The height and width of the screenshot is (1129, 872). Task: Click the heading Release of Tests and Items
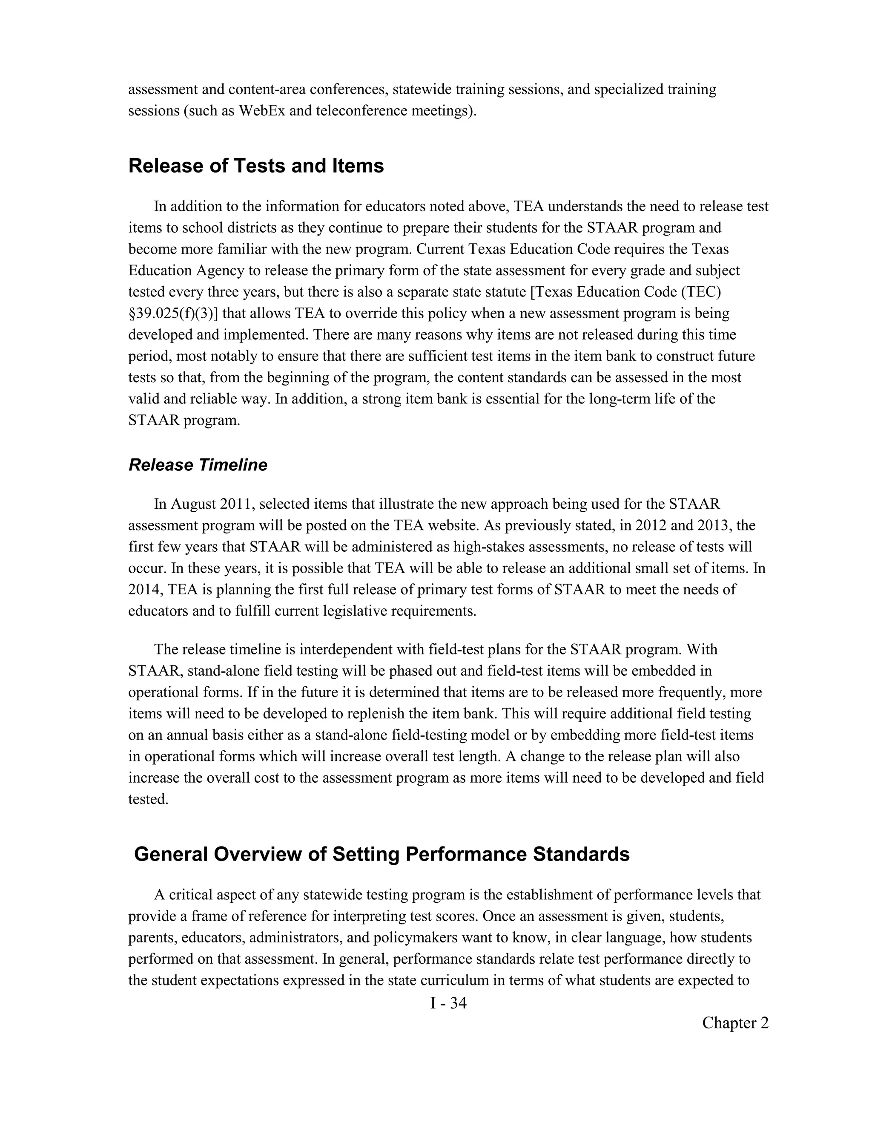[x=256, y=166]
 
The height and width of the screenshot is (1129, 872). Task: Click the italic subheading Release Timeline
[x=198, y=465]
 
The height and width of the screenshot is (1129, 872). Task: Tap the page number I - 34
[x=448, y=1003]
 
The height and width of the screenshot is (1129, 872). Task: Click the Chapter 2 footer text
[x=734, y=1022]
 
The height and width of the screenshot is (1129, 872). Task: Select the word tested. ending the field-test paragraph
[x=148, y=799]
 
